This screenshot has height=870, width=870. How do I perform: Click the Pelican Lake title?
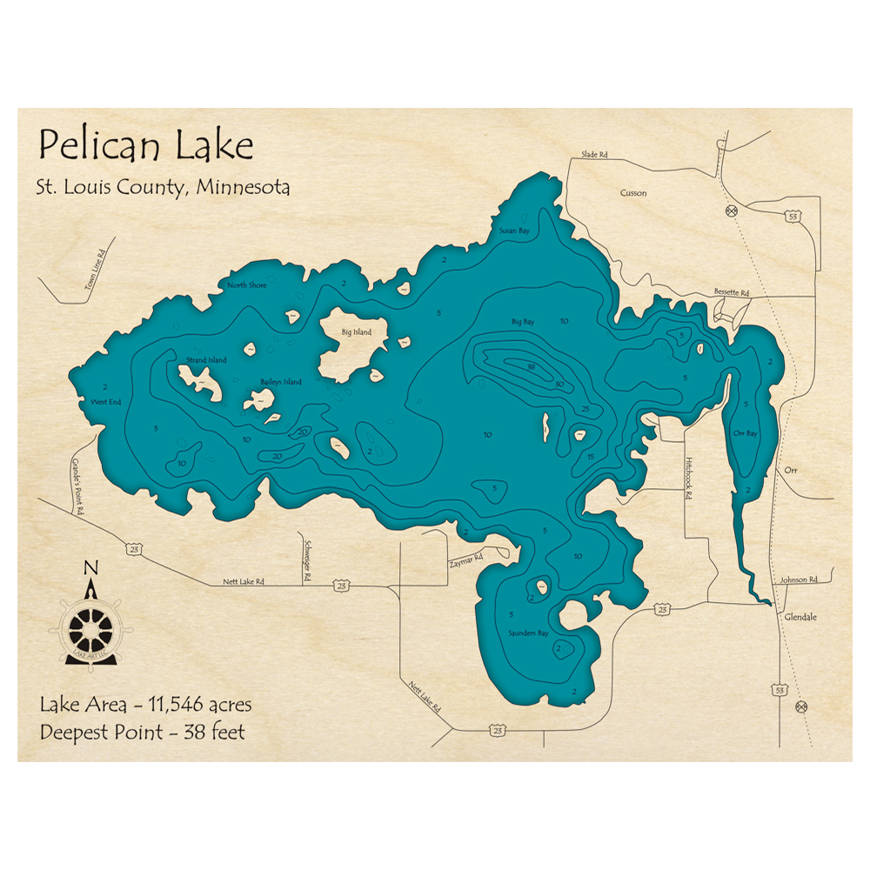click(145, 146)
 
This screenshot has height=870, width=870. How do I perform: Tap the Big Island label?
click(356, 332)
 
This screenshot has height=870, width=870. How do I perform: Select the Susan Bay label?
click(513, 231)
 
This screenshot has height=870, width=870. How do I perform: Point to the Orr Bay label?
click(746, 432)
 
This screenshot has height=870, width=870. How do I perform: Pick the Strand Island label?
click(206, 360)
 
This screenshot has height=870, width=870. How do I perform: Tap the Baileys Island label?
click(281, 382)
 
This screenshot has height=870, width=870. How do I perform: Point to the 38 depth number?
click(530, 366)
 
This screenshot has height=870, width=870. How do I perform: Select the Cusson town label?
click(633, 193)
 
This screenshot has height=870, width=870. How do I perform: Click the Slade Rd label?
click(594, 155)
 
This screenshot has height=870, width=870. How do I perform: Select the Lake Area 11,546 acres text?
click(146, 705)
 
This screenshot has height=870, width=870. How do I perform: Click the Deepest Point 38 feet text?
click(143, 732)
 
